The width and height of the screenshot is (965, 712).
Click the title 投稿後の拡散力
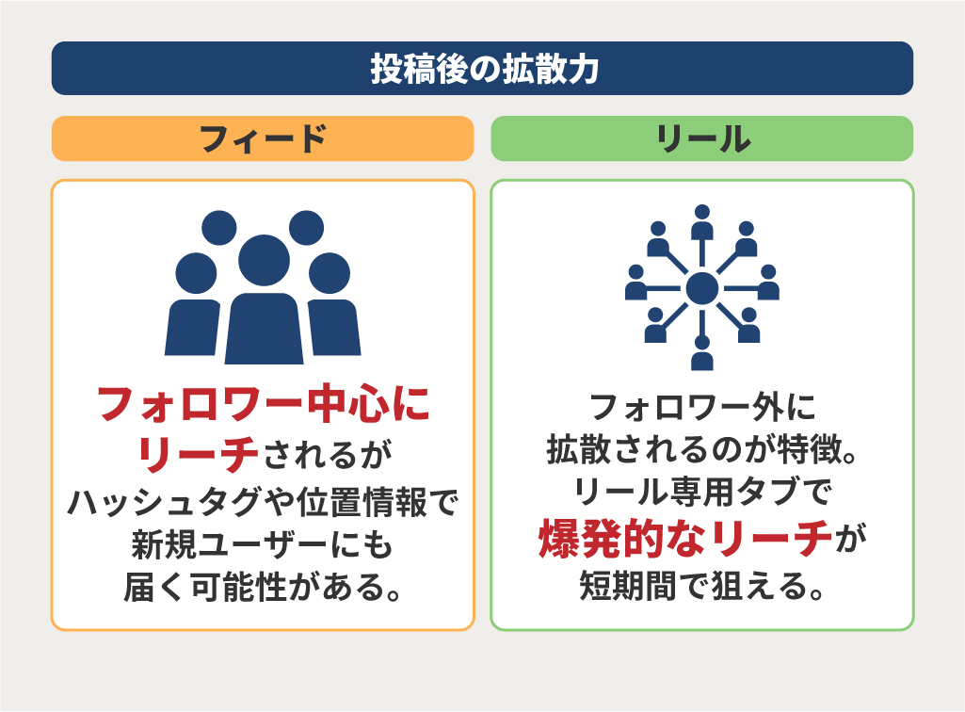pos(484,69)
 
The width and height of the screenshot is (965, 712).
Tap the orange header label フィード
pos(263,138)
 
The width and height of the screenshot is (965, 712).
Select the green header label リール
pos(702,138)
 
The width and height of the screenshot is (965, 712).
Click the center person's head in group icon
pos(264,260)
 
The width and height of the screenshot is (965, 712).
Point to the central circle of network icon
pos(702,288)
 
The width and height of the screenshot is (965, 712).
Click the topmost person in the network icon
pos(702,222)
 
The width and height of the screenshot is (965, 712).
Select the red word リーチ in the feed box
pos(198,454)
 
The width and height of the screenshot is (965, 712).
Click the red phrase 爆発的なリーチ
pos(685,539)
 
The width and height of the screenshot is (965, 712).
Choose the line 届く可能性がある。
pos(263,587)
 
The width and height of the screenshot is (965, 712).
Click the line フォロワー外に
pos(702,407)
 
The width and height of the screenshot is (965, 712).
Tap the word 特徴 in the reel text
pos(810,449)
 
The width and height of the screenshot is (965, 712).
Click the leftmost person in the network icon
pos(635,283)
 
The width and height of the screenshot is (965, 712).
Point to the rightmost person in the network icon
pos(768,283)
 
